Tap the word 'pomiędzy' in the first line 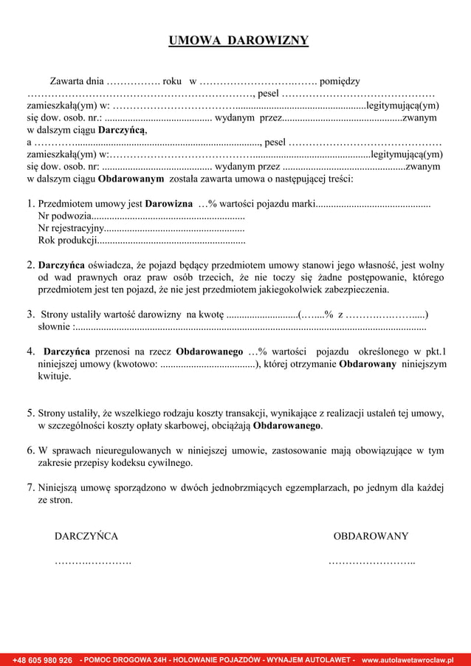click(340, 80)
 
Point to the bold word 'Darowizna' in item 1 click(170, 203)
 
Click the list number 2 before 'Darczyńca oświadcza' click(30, 264)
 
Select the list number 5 click(30, 413)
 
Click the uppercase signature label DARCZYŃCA click(86, 536)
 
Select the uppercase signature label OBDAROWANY click(371, 536)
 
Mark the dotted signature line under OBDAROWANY click(371, 563)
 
